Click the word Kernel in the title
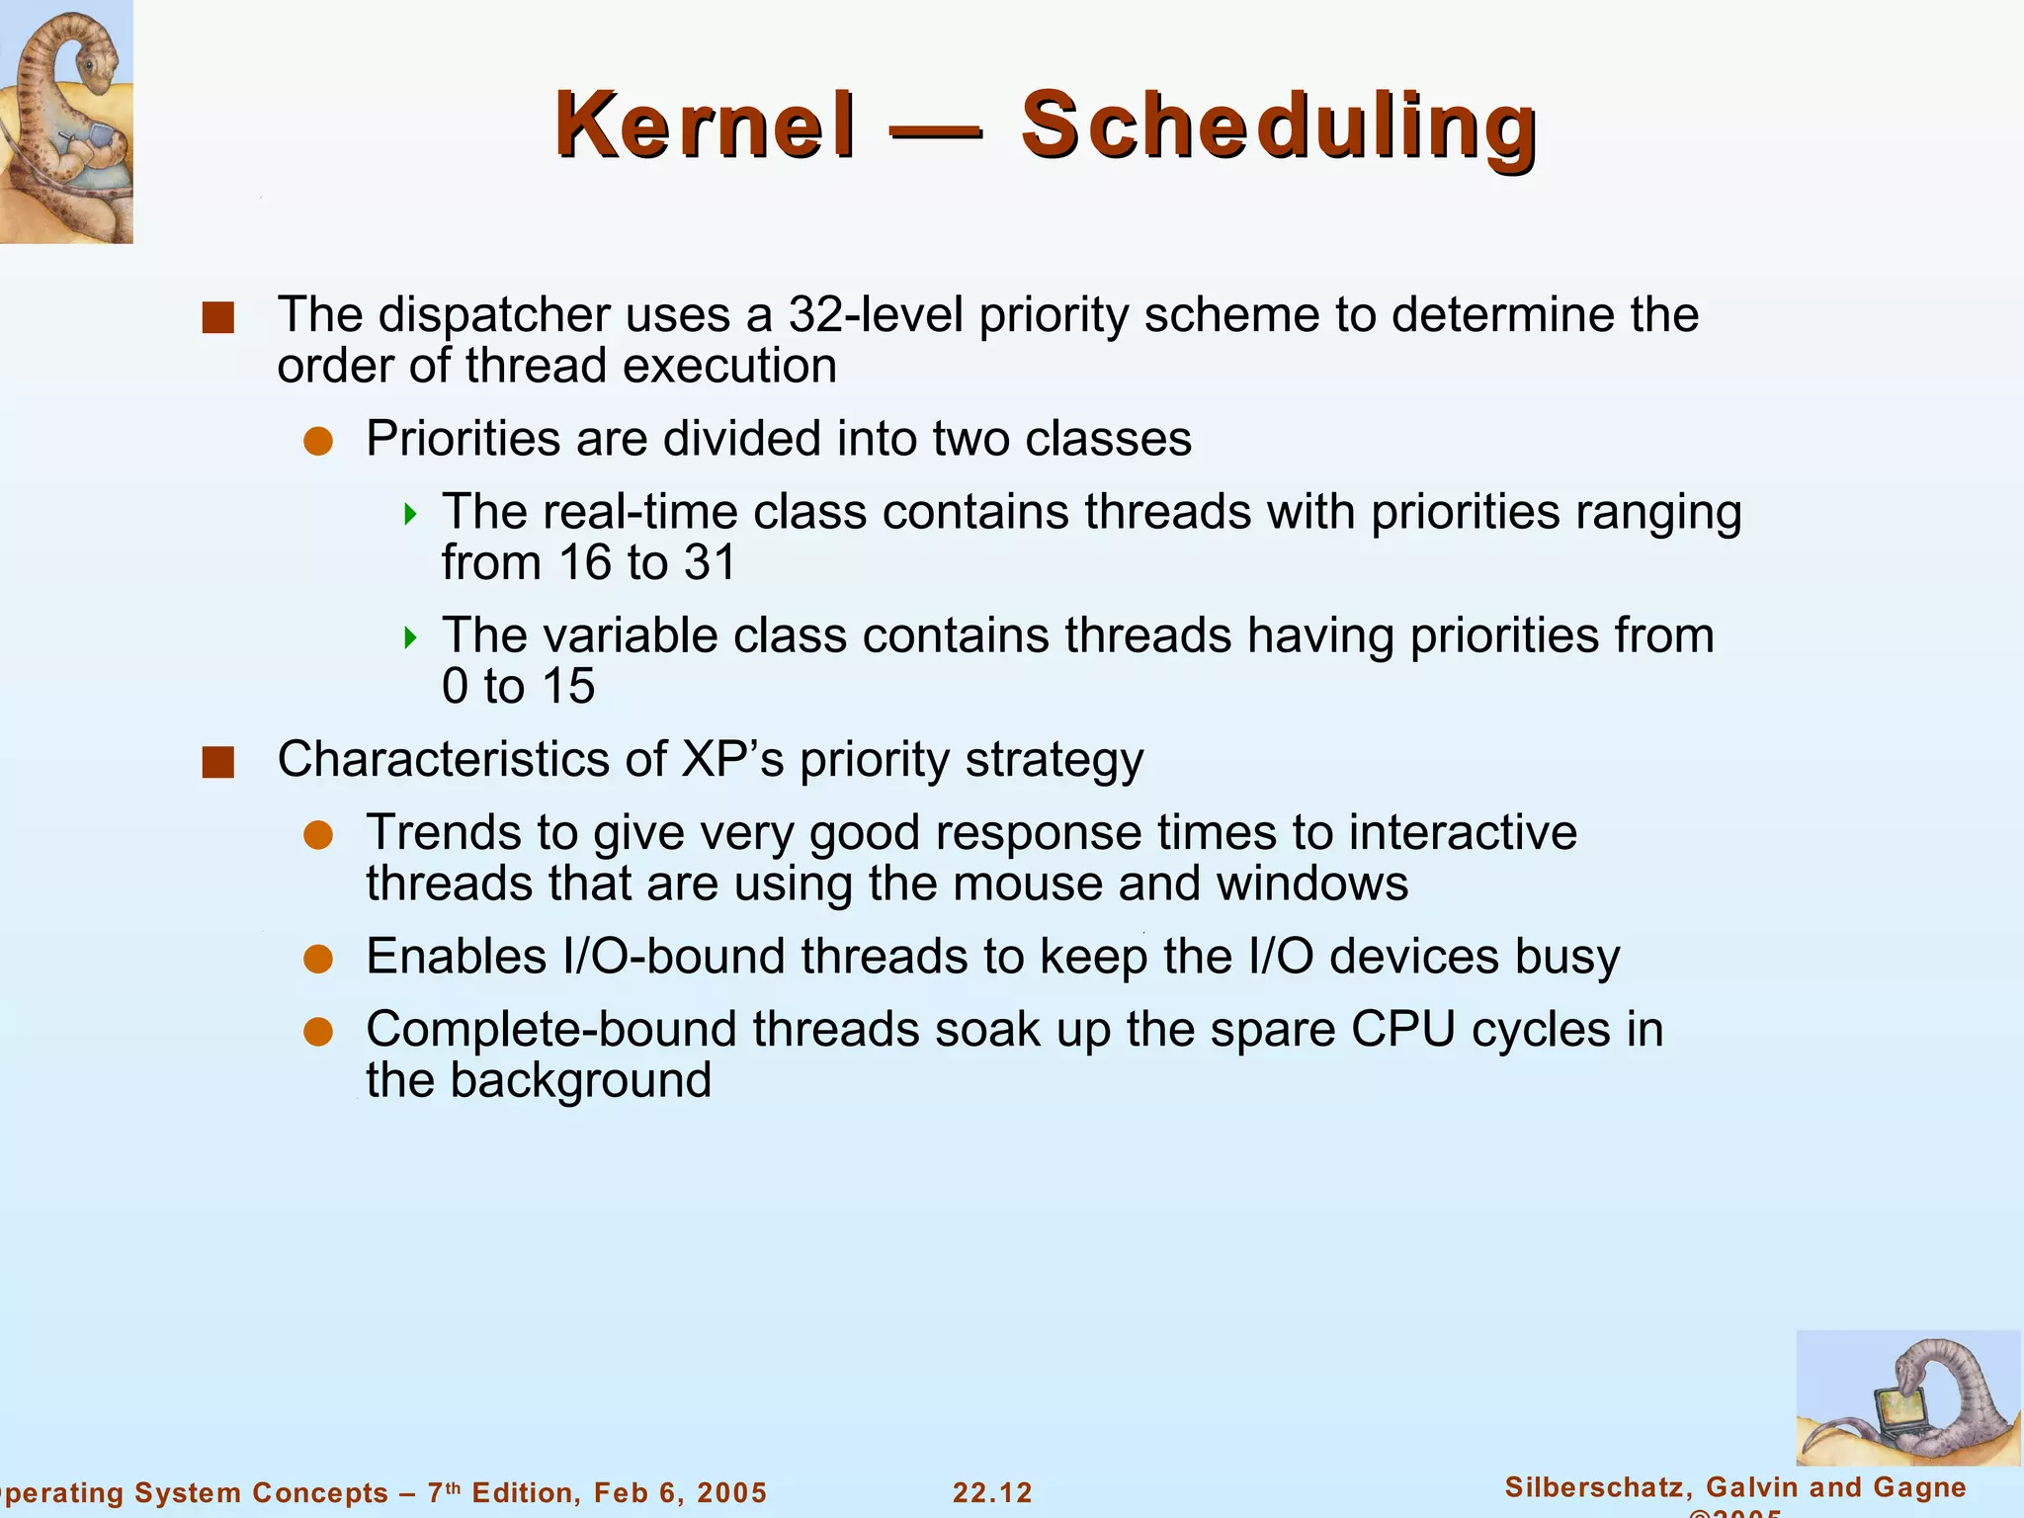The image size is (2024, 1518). pos(705,126)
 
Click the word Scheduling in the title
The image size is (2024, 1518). pos(1278,126)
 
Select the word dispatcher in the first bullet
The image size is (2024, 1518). pos(494,315)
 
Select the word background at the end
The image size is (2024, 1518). pos(580,1080)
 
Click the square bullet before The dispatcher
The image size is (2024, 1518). pos(217,318)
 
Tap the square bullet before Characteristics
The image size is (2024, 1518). pos(217,763)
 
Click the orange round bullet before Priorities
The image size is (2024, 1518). pos(318,442)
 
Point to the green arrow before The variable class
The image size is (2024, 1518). pos(411,637)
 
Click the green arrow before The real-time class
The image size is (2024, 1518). pos(411,514)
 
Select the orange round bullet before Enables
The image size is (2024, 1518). pos(318,959)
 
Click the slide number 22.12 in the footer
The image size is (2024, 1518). pos(992,1492)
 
